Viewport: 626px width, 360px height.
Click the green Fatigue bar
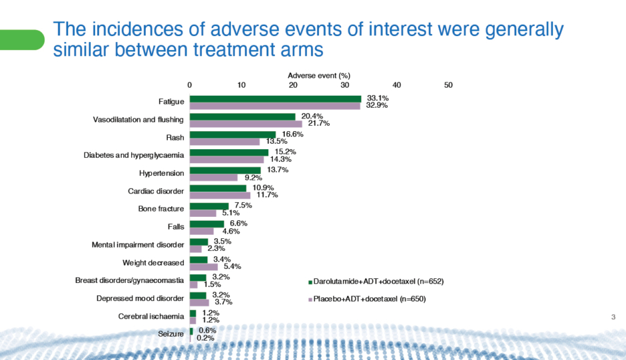[275, 98]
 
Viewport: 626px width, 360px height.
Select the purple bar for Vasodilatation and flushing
[246, 124]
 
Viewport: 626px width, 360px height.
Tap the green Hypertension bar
[225, 170]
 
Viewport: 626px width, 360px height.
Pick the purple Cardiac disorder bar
[220, 196]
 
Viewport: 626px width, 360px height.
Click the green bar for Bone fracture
[209, 206]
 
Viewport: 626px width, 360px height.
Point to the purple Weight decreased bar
[204, 267]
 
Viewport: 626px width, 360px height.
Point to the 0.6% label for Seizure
[207, 330]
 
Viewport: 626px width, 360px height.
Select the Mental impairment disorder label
[137, 246]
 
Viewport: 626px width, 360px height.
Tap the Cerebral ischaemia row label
[151, 316]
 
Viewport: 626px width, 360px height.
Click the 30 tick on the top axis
[344, 85]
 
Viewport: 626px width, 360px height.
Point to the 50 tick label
[448, 85]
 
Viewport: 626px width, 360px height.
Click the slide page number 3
[613, 316]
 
